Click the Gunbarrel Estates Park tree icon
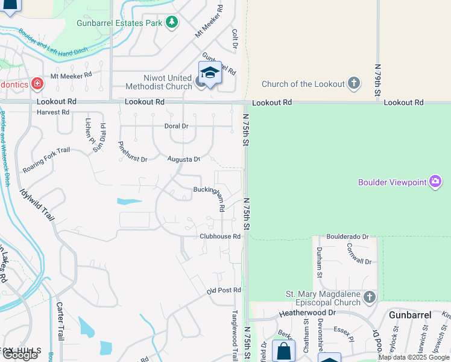172,23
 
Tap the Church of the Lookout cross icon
353,83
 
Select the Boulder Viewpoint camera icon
435,182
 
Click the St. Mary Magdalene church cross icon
369,297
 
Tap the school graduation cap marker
210,73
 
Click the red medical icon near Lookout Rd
37,83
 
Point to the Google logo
20,355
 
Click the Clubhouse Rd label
221,237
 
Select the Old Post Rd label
224,291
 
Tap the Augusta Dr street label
184,159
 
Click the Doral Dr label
176,126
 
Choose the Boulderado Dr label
347,237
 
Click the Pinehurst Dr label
133,151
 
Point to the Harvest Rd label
53,112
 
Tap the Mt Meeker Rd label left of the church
71,75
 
